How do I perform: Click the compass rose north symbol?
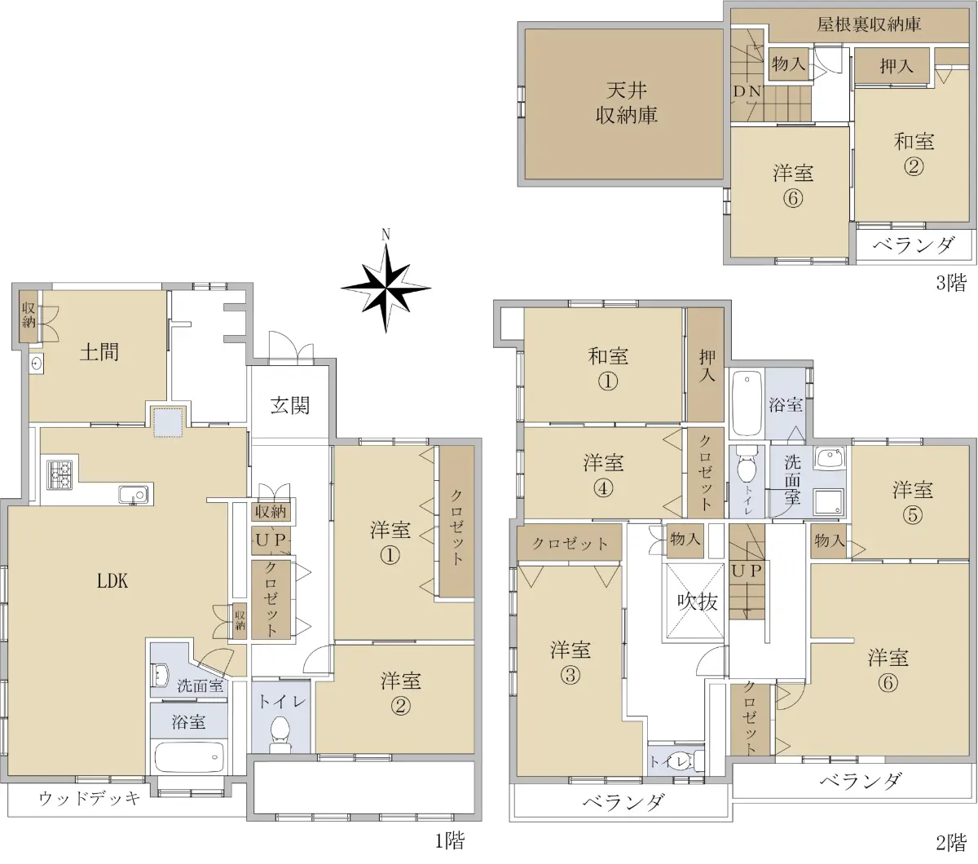(385, 287)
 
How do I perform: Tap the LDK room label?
(113, 581)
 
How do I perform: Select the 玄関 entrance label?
(289, 405)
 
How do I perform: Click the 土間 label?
(99, 352)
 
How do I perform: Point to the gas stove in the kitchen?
(59, 474)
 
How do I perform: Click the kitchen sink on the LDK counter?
(133, 495)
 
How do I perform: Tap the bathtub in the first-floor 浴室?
(189, 757)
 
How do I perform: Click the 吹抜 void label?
(697, 602)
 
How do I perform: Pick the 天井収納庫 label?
(627, 103)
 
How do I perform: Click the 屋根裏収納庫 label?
(869, 24)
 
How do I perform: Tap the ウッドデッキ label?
(90, 798)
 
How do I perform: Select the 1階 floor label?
(450, 841)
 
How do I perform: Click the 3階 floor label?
(951, 283)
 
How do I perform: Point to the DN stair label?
(747, 91)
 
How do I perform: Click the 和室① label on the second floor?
(608, 368)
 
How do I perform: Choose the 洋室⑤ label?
(912, 502)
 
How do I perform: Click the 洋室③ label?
(570, 663)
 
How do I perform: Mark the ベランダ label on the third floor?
(914, 246)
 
